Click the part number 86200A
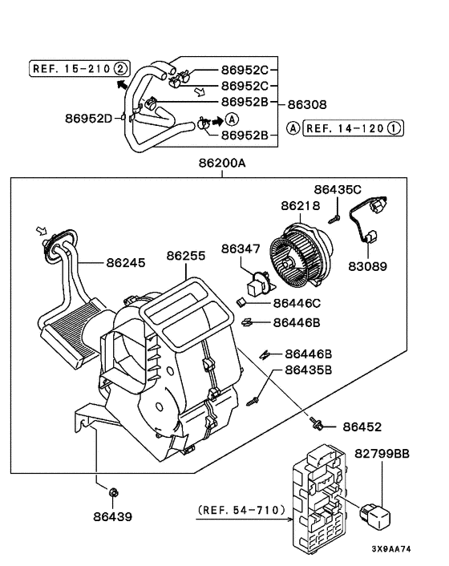pos(222,164)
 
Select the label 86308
pos(307,104)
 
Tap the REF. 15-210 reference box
pos(79,68)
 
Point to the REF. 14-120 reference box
pos(353,128)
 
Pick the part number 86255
pos(186,256)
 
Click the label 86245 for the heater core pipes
pos(126,262)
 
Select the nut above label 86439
pos(113,492)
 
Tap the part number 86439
pos(112,516)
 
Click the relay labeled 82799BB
pos(375,515)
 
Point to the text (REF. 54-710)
pos(241,510)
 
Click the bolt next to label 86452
pos(315,424)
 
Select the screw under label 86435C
pos(334,219)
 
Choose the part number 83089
pos(367,266)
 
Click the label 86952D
pos(89,119)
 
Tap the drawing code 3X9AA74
pos(391,549)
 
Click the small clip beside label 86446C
pos(241,302)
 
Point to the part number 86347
pos(241,249)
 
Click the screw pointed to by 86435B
pos(253,401)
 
